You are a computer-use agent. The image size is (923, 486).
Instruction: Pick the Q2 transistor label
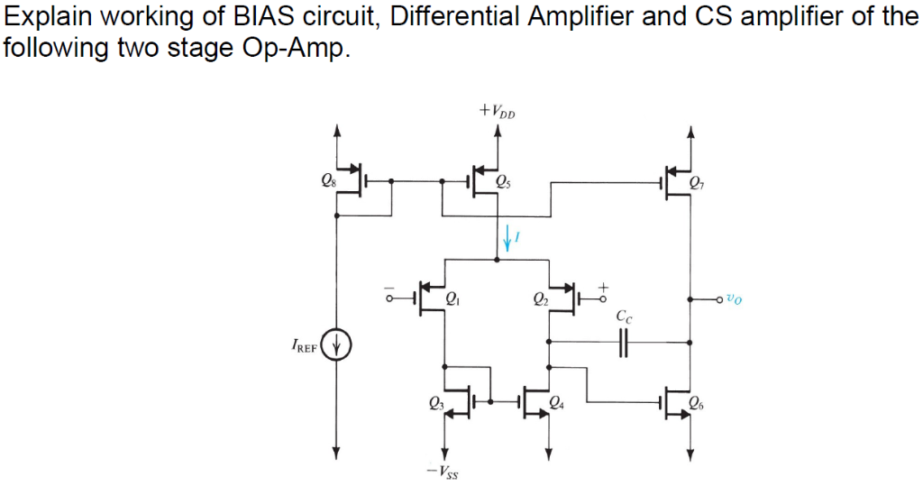540,299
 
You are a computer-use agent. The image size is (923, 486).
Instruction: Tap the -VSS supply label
443,471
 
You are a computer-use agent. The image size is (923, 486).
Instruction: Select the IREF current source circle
338,344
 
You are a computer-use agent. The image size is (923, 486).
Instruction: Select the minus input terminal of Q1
390,294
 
